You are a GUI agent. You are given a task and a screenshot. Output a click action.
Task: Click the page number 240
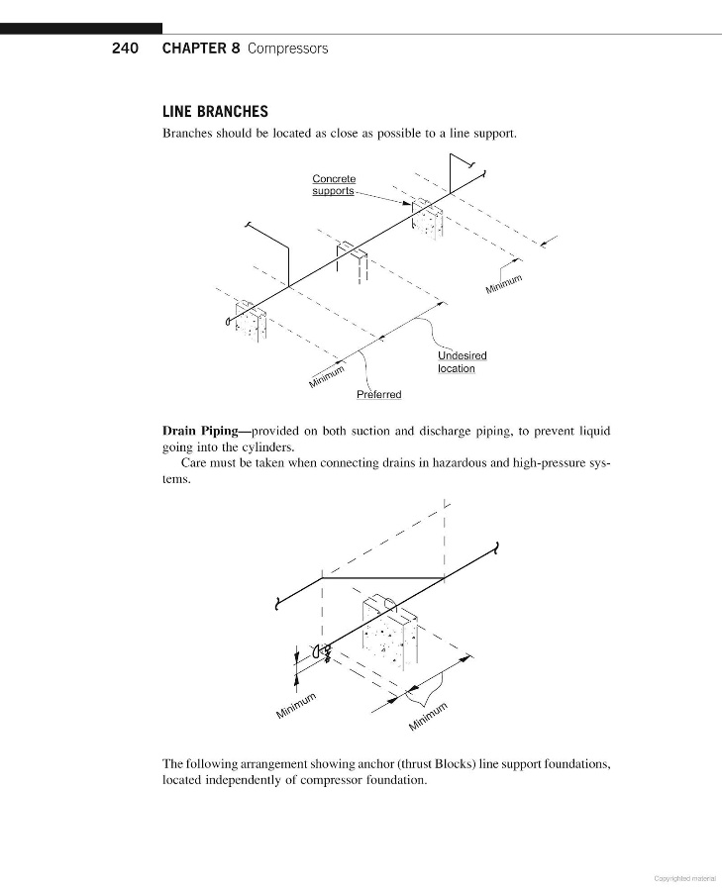coord(125,49)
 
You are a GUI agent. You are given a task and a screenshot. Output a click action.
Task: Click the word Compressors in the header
coord(287,49)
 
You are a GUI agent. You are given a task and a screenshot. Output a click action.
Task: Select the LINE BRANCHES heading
coord(216,111)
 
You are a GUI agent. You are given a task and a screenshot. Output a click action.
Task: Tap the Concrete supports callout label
coord(334,185)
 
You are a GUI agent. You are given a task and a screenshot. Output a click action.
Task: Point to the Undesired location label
coord(463,362)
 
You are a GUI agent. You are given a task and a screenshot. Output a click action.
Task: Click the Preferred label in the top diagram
coord(379,394)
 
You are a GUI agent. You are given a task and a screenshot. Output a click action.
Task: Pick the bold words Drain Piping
coord(200,431)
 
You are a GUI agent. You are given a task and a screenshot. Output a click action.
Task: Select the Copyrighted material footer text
coord(684,878)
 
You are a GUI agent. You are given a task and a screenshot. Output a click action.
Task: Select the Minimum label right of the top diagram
coord(504,284)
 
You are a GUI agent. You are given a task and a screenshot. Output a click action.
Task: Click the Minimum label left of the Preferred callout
coord(327,376)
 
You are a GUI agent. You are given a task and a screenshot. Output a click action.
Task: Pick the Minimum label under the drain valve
coord(295,705)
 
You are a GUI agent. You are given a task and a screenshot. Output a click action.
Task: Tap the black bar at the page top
coord(81,29)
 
